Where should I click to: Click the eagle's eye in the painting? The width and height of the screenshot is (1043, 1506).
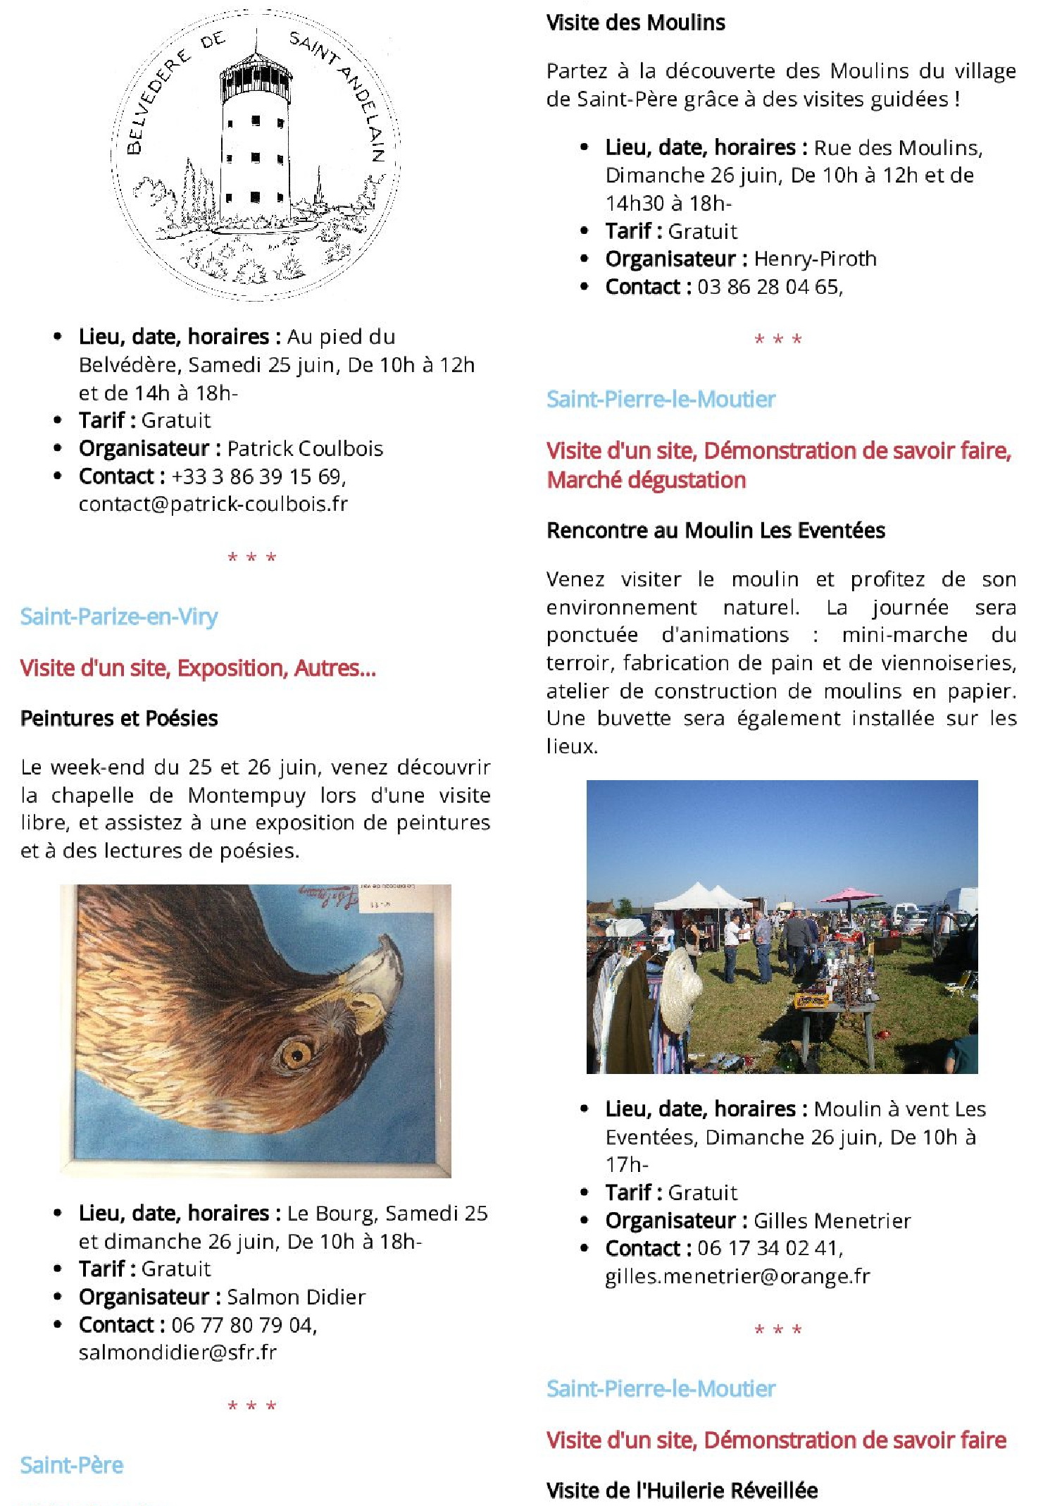pyautogui.click(x=296, y=1054)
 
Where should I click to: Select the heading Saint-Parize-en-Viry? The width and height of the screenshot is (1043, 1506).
pyautogui.click(x=119, y=617)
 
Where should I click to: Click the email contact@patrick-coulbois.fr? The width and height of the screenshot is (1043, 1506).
pyautogui.click(x=213, y=504)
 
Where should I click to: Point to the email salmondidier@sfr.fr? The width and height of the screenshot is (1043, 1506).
pyautogui.click(x=177, y=1352)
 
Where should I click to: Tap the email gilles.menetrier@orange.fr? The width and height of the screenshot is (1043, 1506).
pyautogui.click(x=737, y=1276)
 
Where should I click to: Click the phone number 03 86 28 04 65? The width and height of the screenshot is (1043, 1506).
pyautogui.click(x=768, y=287)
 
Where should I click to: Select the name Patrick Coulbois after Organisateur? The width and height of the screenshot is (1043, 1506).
pyautogui.click(x=305, y=448)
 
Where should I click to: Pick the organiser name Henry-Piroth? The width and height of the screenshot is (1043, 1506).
pyautogui.click(x=815, y=259)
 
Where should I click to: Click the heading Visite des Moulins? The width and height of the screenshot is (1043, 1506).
pyautogui.click(x=635, y=23)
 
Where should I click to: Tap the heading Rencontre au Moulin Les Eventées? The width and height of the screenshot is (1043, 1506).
pyautogui.click(x=716, y=530)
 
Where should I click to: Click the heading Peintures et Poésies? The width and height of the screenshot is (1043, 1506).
pyautogui.click(x=119, y=718)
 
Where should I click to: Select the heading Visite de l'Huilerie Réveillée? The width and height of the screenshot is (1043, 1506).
pyautogui.click(x=682, y=1490)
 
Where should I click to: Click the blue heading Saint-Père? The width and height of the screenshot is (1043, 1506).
pyautogui.click(x=72, y=1465)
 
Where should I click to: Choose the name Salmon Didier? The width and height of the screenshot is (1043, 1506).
pyautogui.click(x=296, y=1297)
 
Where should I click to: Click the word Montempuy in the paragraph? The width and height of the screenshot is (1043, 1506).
pyautogui.click(x=246, y=795)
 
